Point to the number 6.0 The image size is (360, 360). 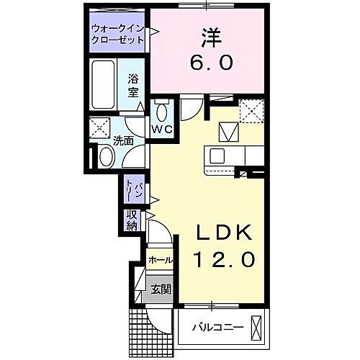coord(211,63)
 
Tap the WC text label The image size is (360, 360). coord(160,130)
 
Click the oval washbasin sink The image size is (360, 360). coord(105,156)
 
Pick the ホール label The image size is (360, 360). coord(160,259)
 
